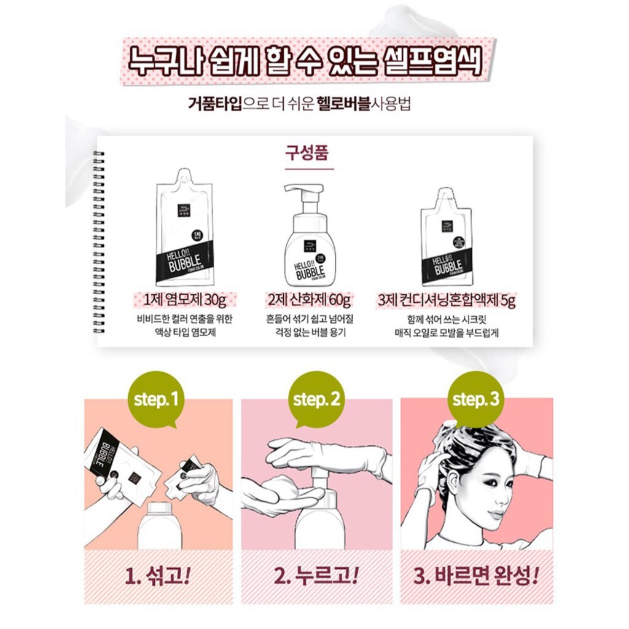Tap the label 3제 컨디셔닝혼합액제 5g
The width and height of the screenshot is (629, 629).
coord(447,300)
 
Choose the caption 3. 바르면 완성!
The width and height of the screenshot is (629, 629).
coord(477,576)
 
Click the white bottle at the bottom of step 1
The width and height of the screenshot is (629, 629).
coord(159,525)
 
